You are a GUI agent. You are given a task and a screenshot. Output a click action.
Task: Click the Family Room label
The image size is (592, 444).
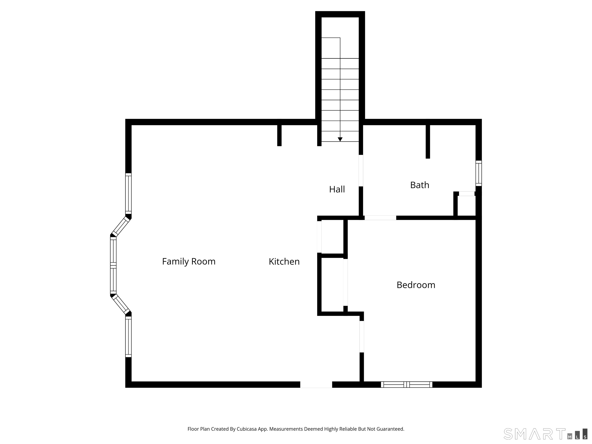click(x=189, y=262)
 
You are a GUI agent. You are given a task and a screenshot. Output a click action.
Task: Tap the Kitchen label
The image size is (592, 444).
click(x=284, y=262)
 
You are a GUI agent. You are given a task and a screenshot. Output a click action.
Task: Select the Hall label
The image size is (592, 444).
click(x=337, y=189)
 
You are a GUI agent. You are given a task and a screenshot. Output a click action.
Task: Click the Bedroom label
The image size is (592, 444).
click(x=416, y=285)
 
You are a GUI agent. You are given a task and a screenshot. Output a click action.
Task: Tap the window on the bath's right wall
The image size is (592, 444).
click(x=478, y=173)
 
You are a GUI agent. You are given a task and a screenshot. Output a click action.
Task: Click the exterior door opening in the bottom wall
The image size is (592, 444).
click(x=316, y=385)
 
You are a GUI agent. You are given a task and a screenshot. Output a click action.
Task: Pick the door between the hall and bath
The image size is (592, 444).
click(x=361, y=171)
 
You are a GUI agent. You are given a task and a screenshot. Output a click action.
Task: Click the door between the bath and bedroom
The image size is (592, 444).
click(x=380, y=218)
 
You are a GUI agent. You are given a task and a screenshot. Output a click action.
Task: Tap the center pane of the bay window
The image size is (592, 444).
click(x=113, y=265)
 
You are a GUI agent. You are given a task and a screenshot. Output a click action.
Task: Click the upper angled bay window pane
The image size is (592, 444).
click(x=120, y=226)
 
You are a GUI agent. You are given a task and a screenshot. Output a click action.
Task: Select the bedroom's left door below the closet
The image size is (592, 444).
click(x=362, y=336)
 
